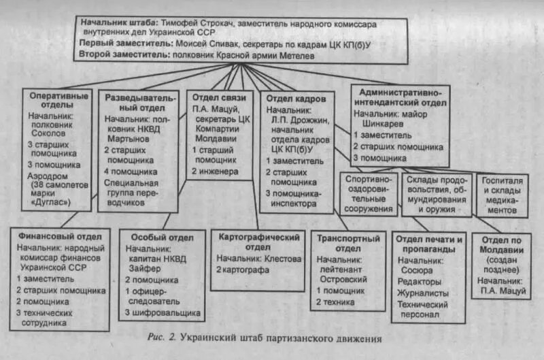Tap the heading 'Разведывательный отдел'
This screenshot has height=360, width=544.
[x=140, y=102]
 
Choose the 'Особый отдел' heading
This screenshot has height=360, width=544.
[x=156, y=238]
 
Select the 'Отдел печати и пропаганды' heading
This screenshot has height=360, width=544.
[x=430, y=243]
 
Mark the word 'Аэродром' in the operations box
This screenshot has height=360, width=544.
[x=48, y=175]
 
